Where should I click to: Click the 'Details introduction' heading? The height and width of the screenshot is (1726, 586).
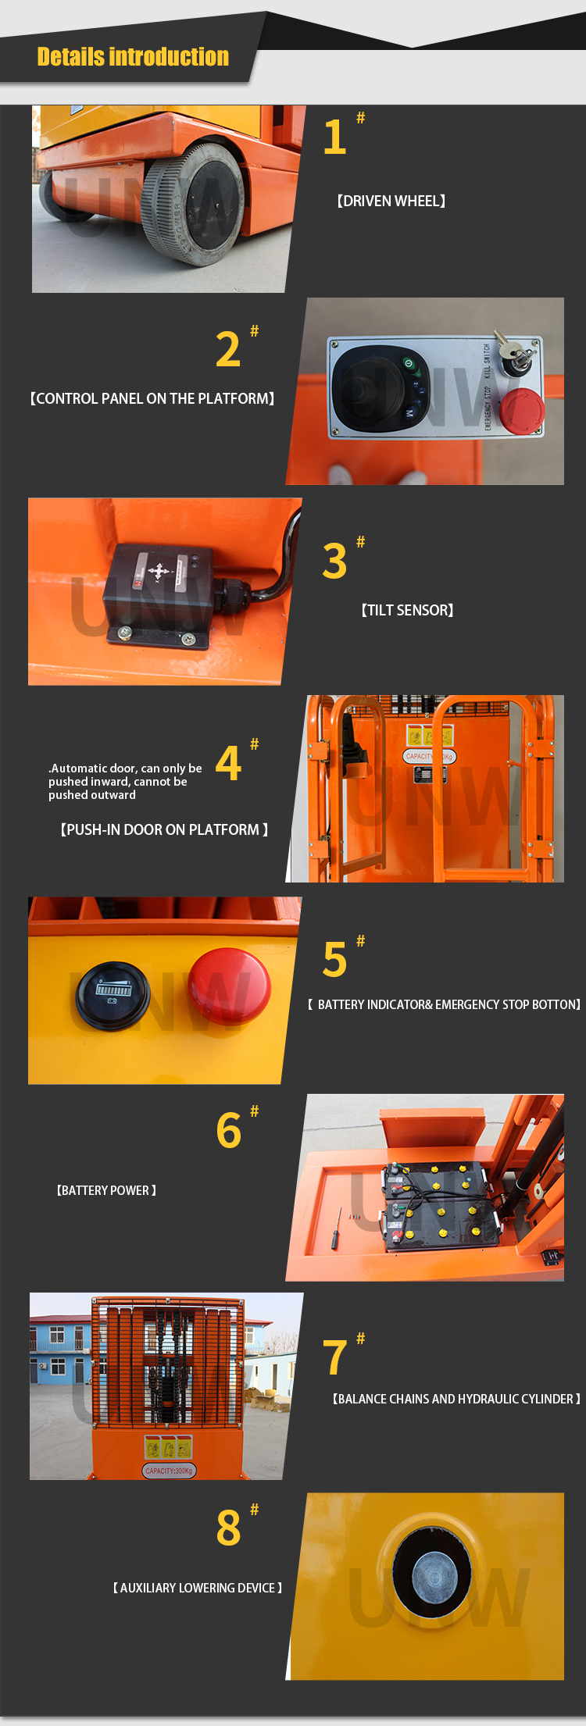point(133,57)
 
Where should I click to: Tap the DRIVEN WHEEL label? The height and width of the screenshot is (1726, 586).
point(391,201)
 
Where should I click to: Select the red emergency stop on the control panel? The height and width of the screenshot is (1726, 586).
point(521,409)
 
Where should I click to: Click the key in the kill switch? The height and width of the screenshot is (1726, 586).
point(514,354)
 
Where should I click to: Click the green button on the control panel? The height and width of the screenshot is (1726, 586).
point(408,363)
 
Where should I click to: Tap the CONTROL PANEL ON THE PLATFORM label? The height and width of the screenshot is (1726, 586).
point(152,399)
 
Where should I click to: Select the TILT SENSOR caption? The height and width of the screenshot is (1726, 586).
point(407,611)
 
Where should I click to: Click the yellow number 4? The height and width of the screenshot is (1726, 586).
point(228,764)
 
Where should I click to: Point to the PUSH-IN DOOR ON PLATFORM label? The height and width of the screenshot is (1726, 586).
point(164,830)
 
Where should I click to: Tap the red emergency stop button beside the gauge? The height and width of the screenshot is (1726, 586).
point(229,986)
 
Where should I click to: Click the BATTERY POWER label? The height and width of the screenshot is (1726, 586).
point(106,1191)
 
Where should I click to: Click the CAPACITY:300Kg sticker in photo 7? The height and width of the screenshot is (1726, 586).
point(169,1471)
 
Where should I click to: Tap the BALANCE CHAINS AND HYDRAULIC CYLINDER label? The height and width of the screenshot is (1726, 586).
point(456,1400)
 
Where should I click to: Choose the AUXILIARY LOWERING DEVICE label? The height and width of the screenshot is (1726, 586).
point(197,1589)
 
